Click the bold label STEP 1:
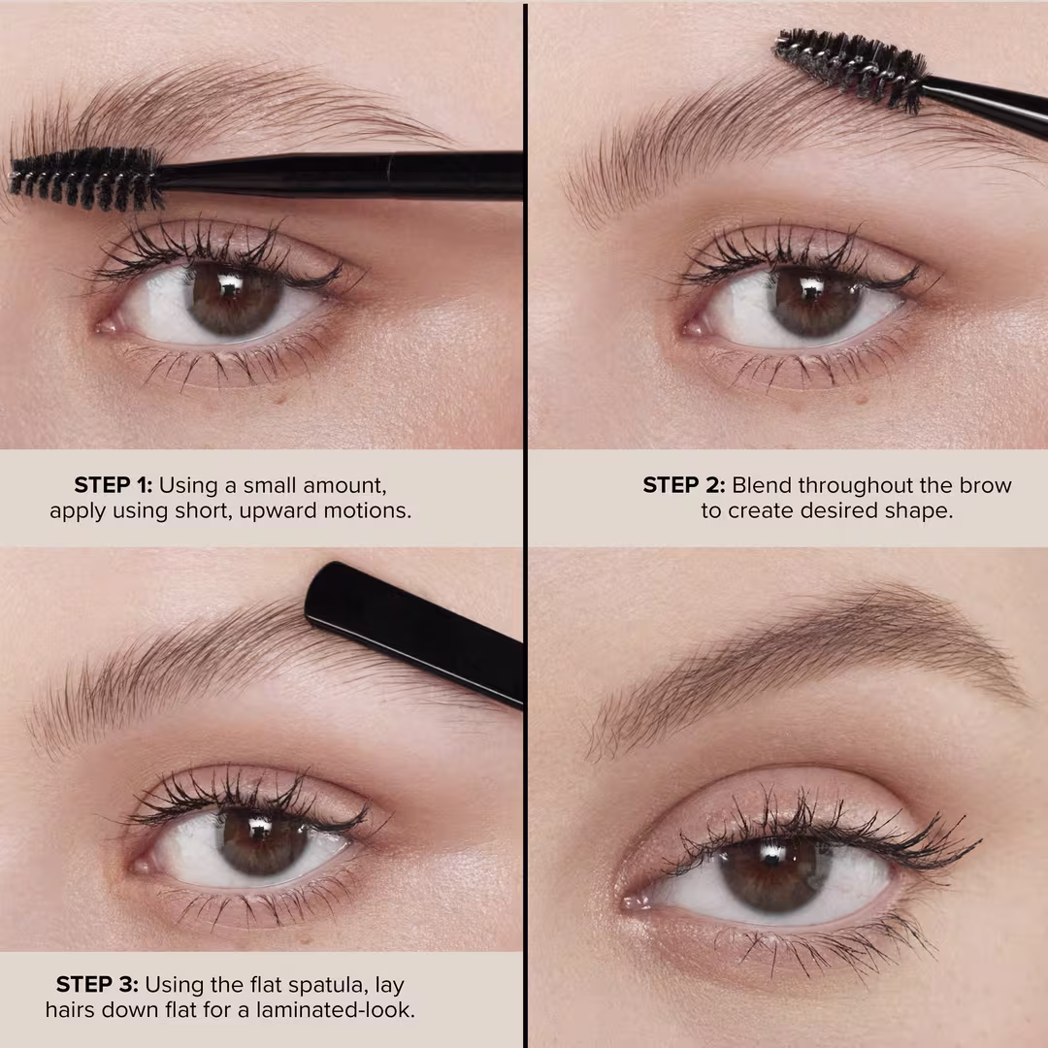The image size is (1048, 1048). point(113,484)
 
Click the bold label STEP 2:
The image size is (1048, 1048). point(683,484)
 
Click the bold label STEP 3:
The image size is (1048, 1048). point(97,985)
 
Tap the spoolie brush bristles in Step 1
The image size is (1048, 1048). point(85,179)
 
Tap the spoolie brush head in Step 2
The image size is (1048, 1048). point(851,68)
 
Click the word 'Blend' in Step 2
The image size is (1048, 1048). point(762,484)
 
